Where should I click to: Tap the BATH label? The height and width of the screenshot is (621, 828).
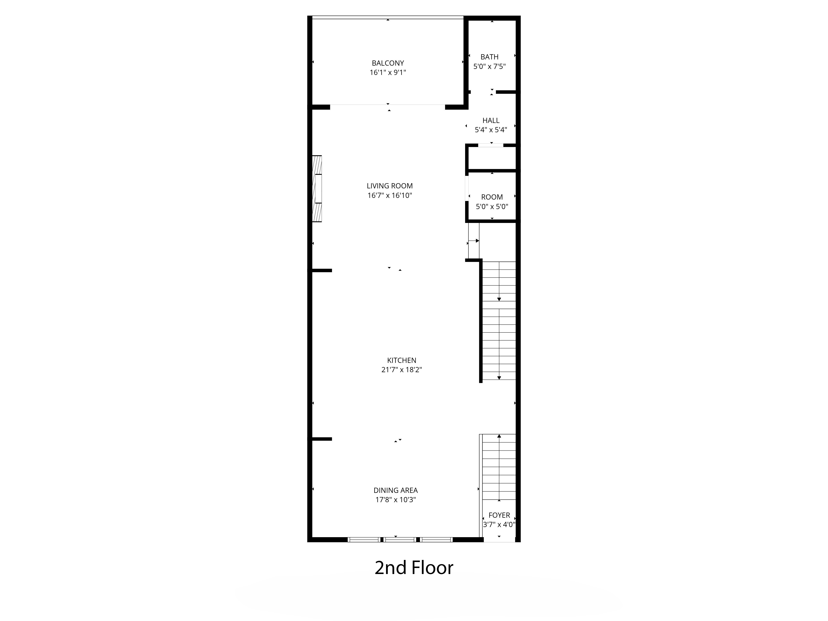[490, 57]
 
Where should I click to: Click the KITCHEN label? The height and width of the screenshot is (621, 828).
[402, 360]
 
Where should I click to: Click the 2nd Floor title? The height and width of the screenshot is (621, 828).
[414, 568]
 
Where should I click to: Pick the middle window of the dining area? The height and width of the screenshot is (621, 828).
[400, 539]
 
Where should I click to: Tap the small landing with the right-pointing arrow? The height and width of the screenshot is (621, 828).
[474, 241]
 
